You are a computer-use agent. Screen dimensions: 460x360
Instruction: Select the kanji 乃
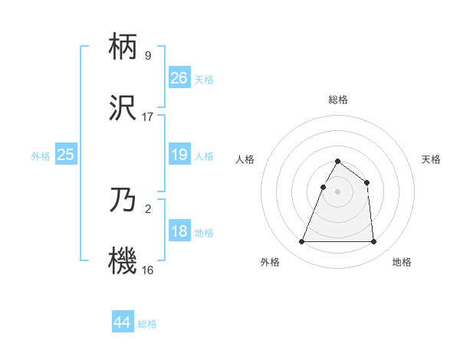(123, 201)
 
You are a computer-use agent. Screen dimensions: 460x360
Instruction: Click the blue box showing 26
(179, 78)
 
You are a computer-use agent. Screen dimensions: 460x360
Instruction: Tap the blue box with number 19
(179, 155)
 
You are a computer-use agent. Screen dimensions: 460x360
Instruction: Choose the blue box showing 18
(179, 231)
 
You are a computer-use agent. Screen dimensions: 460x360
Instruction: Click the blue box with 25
(66, 155)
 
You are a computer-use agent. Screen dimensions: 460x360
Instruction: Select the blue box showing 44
(122, 322)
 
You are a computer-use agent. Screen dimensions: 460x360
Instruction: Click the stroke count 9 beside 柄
(147, 55)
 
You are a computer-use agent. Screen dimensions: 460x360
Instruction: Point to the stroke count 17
(148, 116)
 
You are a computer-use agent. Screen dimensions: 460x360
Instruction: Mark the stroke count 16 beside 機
(148, 269)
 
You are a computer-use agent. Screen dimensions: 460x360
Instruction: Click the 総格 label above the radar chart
(337, 100)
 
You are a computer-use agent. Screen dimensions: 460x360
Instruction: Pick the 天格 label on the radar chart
(431, 159)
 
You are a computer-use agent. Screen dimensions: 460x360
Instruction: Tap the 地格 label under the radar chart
(402, 263)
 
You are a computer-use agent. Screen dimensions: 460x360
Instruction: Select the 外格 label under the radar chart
(270, 263)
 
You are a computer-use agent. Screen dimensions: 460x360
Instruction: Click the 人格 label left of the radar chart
(245, 159)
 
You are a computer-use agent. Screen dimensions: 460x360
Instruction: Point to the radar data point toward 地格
(373, 242)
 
